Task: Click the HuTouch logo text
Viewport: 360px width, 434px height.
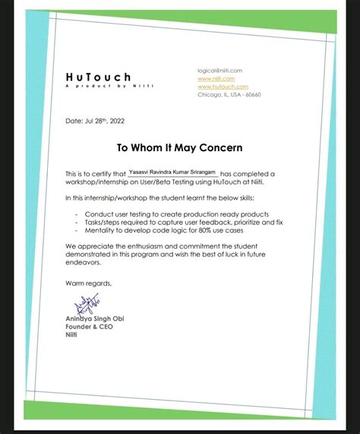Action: tap(98, 76)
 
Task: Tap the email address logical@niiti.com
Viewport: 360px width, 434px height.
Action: tap(219, 70)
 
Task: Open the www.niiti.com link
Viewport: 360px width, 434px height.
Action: tap(216, 78)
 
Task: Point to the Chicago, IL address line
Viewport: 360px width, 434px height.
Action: tap(229, 94)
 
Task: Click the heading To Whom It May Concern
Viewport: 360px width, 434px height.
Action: tap(179, 147)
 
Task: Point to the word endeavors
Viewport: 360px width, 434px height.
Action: tap(81, 263)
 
